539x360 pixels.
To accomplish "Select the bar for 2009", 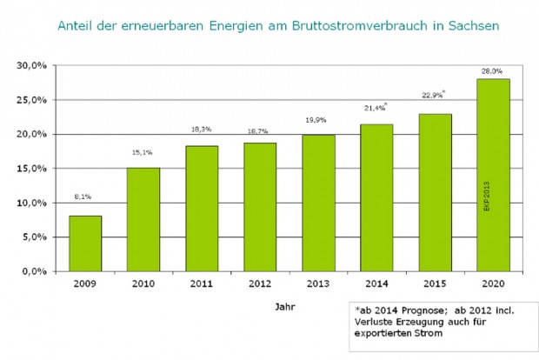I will click(86, 243).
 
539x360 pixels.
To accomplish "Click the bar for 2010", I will click(143, 219).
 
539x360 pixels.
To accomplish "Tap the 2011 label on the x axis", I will click(202, 284).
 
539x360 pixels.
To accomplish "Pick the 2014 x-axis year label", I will click(377, 284).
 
